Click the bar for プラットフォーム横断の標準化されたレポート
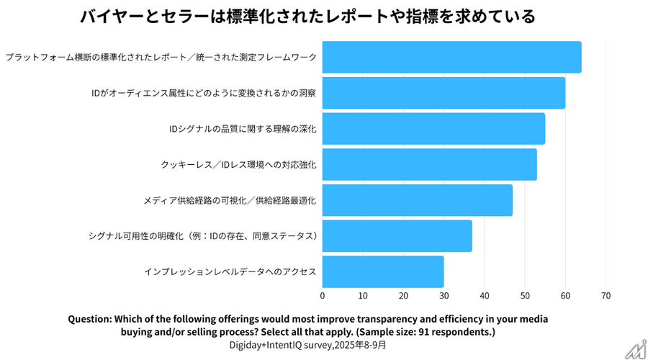tap(451, 58)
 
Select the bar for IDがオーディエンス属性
tap(444, 93)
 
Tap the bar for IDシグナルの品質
tap(433, 129)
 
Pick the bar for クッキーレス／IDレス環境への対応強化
tap(429, 164)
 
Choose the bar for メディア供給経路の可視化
tap(418, 200)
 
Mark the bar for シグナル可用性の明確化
tap(397, 235)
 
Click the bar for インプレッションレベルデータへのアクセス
tap(383, 271)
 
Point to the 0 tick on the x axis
tap(323, 295)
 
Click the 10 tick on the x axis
tap(363, 295)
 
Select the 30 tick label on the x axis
tap(444, 295)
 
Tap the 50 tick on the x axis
tap(525, 295)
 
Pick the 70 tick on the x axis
tap(606, 295)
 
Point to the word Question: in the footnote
tap(94, 318)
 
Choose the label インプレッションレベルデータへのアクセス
tap(230, 271)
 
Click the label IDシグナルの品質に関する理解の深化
tap(243, 129)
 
